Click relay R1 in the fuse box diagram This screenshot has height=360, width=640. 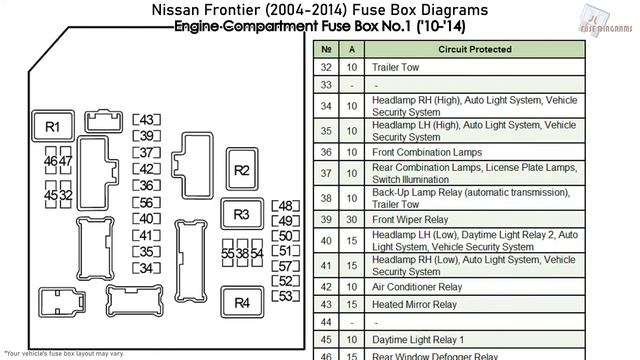click(53, 127)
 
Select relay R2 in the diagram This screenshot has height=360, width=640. click(242, 170)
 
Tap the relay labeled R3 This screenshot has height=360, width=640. click(242, 214)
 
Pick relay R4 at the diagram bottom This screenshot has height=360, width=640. click(242, 303)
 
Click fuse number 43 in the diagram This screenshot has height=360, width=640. click(147, 120)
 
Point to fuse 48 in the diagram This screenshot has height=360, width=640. click(286, 206)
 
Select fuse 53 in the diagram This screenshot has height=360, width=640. click(286, 296)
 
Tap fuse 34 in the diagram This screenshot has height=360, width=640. click(147, 268)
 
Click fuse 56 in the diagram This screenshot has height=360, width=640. click(147, 203)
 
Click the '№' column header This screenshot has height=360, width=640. click(326, 49)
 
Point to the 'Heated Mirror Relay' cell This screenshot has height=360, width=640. click(414, 304)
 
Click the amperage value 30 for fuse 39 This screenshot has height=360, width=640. click(351, 219)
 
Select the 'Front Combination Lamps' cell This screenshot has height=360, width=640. click(427, 152)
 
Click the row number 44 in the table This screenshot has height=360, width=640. click(326, 322)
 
